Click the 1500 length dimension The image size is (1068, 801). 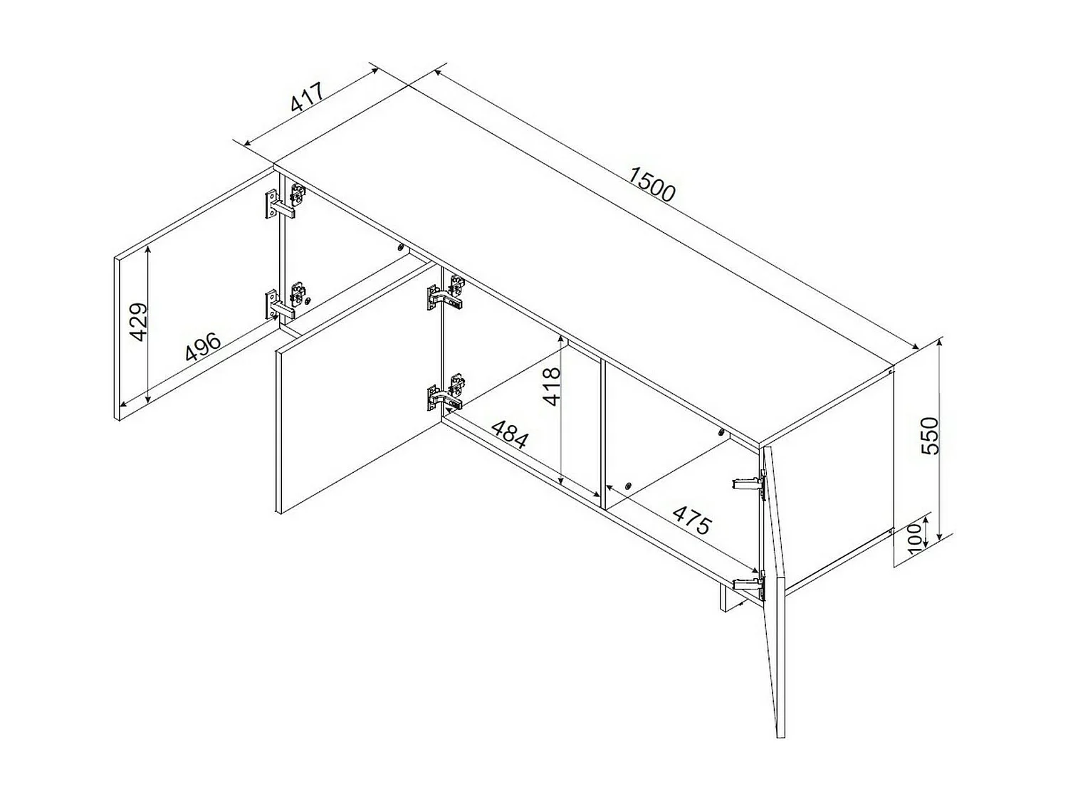pos(652,184)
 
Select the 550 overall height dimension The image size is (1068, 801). pos(930,436)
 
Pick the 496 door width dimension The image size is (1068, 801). pos(203,347)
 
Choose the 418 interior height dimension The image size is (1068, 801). pos(552,386)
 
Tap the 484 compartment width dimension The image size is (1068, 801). pos(510,435)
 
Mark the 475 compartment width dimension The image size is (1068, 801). pos(691,520)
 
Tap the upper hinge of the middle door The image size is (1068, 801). pos(446,293)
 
